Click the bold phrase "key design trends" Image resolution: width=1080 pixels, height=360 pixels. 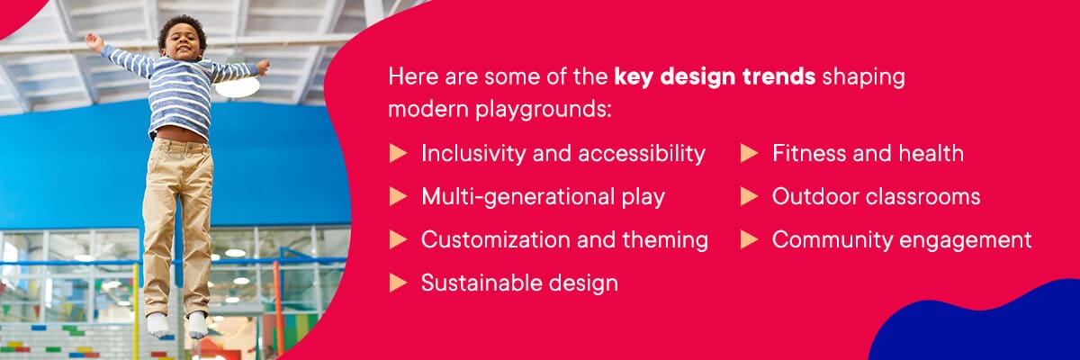pos(715,77)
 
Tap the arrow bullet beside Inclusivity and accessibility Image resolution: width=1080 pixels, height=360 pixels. pos(398,153)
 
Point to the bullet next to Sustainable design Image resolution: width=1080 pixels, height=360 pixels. pos(398,283)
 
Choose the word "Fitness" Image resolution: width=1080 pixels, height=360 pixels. pos(808,153)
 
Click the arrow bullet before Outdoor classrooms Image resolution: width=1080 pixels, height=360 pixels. pos(749,196)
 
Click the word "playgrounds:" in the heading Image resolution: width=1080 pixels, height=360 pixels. pos(544,110)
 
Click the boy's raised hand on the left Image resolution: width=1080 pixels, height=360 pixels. pos(94,41)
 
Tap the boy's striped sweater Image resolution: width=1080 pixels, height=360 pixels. pos(179,89)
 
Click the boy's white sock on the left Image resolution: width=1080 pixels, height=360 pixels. pos(157,325)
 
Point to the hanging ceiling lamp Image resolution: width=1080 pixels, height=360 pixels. pos(238,85)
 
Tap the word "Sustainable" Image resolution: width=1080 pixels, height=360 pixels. pos(481,283)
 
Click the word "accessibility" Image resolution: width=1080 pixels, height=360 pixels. pos(641,154)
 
